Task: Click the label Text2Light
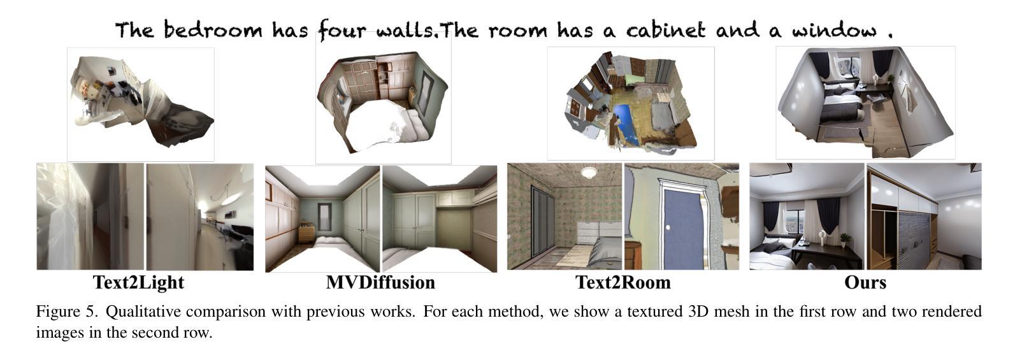coord(139,282)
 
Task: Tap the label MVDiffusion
coord(380,282)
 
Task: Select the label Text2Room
coord(623,282)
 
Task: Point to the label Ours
coord(865,282)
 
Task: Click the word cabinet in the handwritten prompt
coord(666,31)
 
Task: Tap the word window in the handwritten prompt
coord(834,31)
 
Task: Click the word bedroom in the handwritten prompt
coord(213,30)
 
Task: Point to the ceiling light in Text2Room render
coord(589,172)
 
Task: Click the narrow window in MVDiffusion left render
coord(324,218)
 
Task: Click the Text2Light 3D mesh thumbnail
coord(141,104)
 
